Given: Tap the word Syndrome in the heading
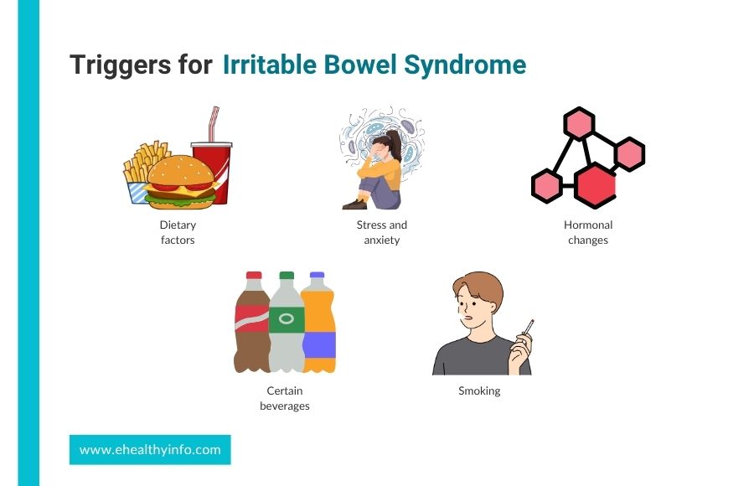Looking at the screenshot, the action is click(x=465, y=66).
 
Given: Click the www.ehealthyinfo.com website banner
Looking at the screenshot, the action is click(x=150, y=450).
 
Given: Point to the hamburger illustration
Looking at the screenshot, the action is click(x=181, y=183).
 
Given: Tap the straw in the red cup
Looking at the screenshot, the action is click(x=213, y=124).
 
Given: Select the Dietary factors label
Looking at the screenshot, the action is click(x=178, y=232).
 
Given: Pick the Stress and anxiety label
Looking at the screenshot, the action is click(x=382, y=232).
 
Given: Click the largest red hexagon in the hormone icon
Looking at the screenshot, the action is click(x=596, y=185).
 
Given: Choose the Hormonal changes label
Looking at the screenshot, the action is click(x=588, y=232).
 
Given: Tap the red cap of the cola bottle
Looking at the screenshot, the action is click(x=254, y=276).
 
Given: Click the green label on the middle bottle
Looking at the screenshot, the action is click(x=287, y=319).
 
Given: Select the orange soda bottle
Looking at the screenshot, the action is click(x=318, y=323).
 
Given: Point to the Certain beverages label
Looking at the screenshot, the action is click(x=285, y=398).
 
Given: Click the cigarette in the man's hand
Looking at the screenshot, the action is click(x=528, y=327).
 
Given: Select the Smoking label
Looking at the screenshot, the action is click(x=479, y=390).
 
